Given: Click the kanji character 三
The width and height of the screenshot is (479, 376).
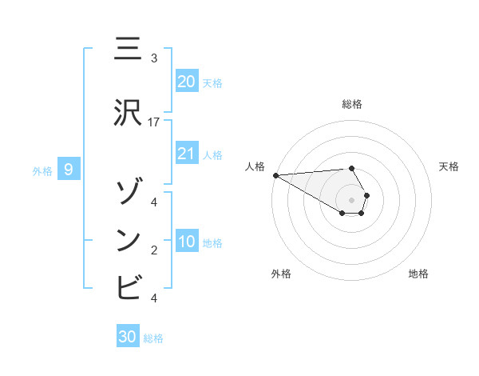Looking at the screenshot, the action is click(128, 49).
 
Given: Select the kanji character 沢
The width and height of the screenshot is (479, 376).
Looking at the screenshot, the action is click(128, 113).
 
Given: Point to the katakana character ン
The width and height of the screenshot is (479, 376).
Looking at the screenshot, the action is click(128, 239).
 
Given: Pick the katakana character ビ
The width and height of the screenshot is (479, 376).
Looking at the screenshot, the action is click(128, 286).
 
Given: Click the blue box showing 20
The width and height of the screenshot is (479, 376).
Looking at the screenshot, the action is click(187, 82).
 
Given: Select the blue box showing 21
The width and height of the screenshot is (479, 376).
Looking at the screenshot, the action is click(187, 154).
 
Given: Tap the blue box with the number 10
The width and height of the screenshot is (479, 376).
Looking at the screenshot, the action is click(187, 242).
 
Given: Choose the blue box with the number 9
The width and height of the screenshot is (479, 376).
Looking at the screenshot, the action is click(69, 170).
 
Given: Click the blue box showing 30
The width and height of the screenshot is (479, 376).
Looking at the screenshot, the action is click(128, 338).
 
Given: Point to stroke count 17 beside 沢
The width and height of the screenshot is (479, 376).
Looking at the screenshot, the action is click(154, 122).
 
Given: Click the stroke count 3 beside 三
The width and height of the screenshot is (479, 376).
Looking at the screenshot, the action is click(154, 58).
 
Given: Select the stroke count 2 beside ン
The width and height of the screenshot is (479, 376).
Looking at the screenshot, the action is click(154, 250).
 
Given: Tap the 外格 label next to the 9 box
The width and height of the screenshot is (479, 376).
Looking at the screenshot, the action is click(42, 170).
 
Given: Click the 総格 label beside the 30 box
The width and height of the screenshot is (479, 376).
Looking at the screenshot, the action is click(153, 338).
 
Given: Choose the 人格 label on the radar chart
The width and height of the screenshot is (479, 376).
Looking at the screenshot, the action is click(255, 166).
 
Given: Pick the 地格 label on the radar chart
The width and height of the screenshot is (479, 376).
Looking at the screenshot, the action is click(418, 274).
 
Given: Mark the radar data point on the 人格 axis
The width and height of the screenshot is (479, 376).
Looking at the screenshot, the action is click(275, 175).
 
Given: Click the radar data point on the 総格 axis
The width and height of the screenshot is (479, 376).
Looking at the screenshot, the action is click(351, 168).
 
